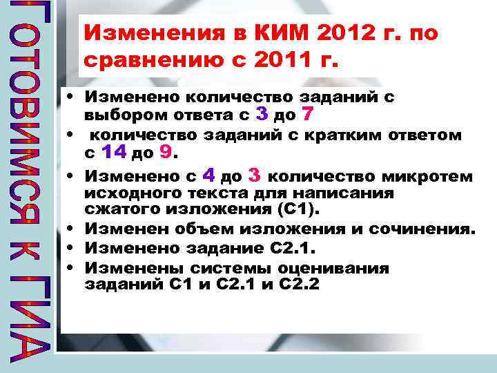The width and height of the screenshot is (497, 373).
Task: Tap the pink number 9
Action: tap(165, 151)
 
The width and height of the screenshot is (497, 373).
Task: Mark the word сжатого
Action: tap(115, 209)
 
